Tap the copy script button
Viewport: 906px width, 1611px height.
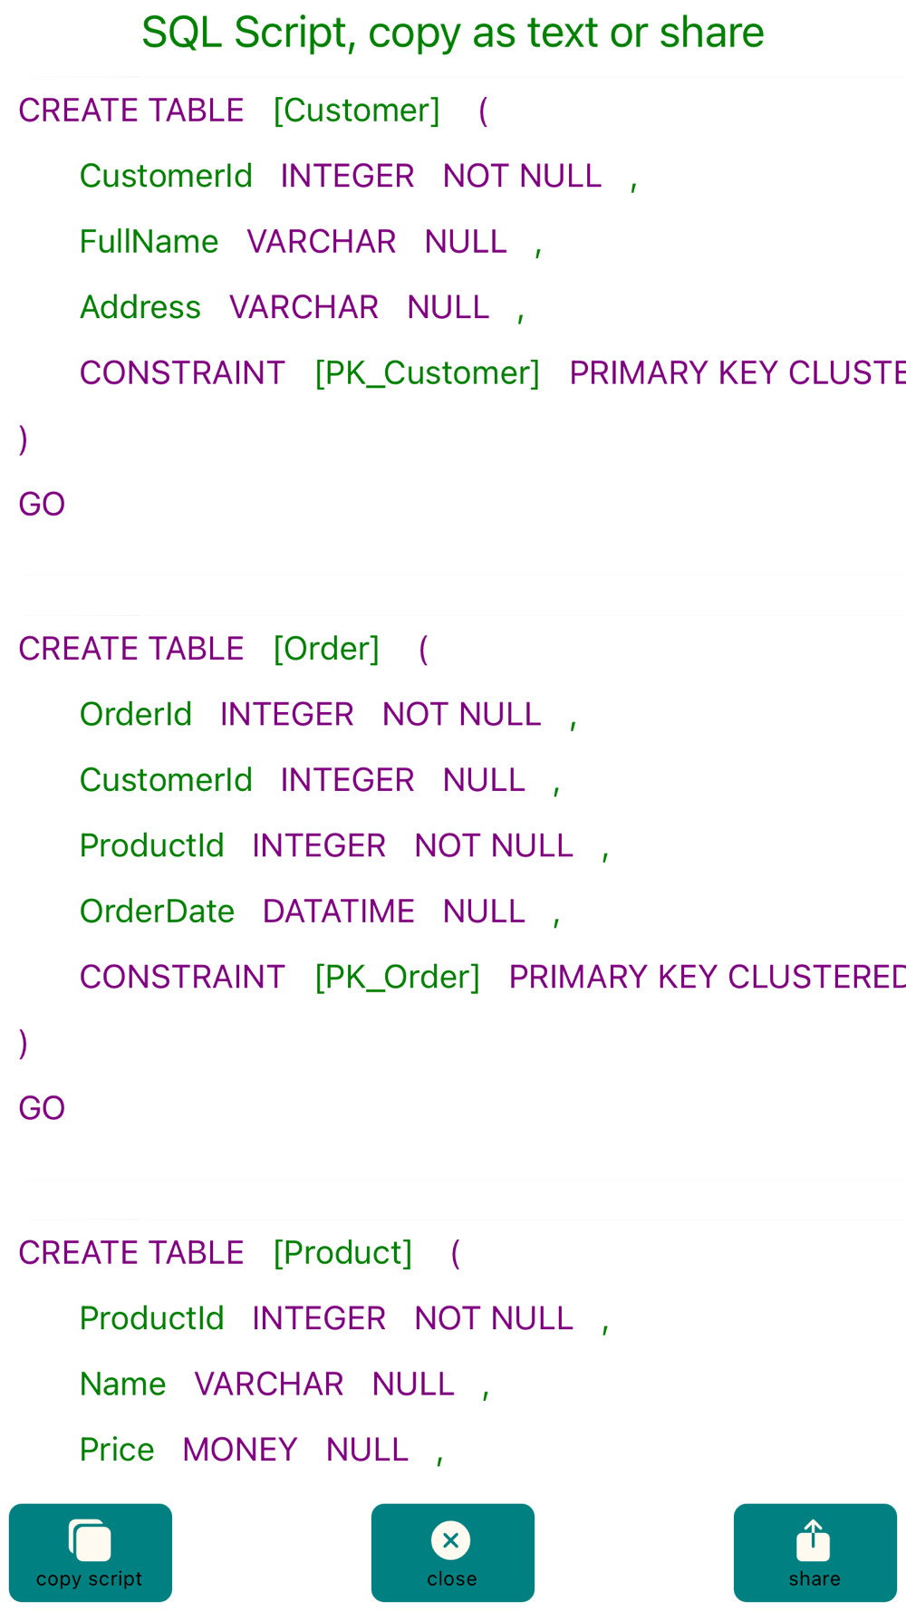[x=90, y=1552]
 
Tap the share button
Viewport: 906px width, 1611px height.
[x=814, y=1552]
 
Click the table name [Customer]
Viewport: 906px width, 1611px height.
[x=356, y=111]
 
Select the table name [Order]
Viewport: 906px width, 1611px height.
[x=326, y=649]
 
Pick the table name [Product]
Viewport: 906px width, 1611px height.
[x=342, y=1253]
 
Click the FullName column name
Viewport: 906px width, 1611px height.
[x=149, y=242]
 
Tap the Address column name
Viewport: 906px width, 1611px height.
[x=140, y=308]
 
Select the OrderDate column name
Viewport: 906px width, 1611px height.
[x=157, y=912]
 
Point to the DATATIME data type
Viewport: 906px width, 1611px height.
[x=338, y=912]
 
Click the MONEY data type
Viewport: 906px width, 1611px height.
[x=239, y=1450]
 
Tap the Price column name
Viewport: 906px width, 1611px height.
[x=117, y=1450]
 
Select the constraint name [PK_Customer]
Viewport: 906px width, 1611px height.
[x=427, y=373]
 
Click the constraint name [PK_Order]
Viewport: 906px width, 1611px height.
[x=397, y=977]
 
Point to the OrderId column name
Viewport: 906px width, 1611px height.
[x=136, y=715]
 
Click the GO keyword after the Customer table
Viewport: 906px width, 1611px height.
[x=42, y=505]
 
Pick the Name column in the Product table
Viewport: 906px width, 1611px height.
[x=122, y=1384]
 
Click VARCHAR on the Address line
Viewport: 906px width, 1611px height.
[x=304, y=308]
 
